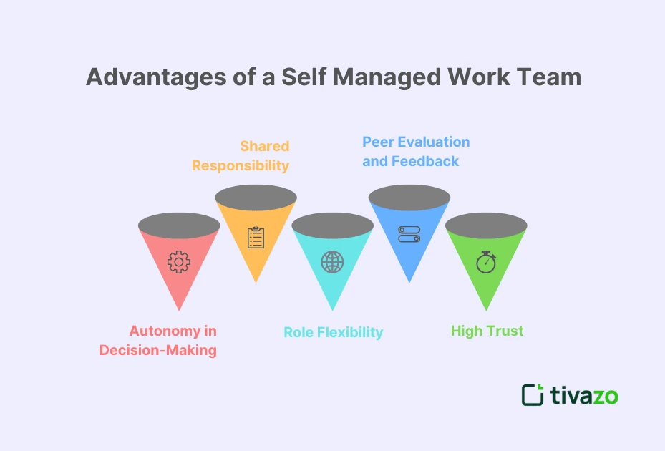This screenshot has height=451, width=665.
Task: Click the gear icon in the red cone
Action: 179,262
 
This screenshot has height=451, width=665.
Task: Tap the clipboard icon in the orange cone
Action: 256,237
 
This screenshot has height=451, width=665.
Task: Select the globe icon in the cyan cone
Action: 332,261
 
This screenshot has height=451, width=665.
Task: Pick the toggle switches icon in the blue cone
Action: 409,235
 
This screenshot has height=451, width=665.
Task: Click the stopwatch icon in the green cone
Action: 486,261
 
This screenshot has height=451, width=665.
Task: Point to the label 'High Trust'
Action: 487,331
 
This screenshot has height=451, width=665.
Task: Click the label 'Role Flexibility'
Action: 333,332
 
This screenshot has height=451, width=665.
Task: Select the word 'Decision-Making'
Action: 157,351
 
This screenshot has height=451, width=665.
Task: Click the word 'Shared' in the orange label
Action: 264,146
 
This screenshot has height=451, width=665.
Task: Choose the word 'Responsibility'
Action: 240,165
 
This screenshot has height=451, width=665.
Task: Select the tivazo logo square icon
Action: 533,395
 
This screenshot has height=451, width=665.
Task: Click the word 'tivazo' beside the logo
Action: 584,395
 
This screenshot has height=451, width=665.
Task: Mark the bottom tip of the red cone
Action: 179,309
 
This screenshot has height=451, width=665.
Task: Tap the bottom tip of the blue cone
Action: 409,281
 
